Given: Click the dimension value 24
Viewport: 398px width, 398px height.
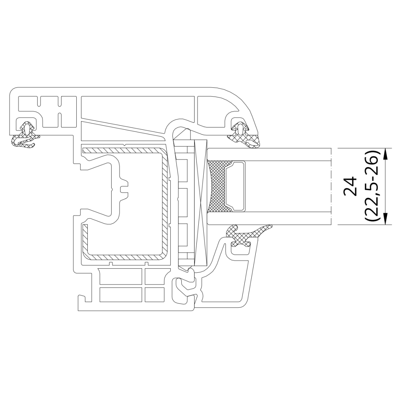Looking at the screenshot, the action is [x=350, y=186].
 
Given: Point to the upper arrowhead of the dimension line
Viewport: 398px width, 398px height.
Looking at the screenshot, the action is [x=386, y=154].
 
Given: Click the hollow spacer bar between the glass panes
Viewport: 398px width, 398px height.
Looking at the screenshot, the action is [x=235, y=186].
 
